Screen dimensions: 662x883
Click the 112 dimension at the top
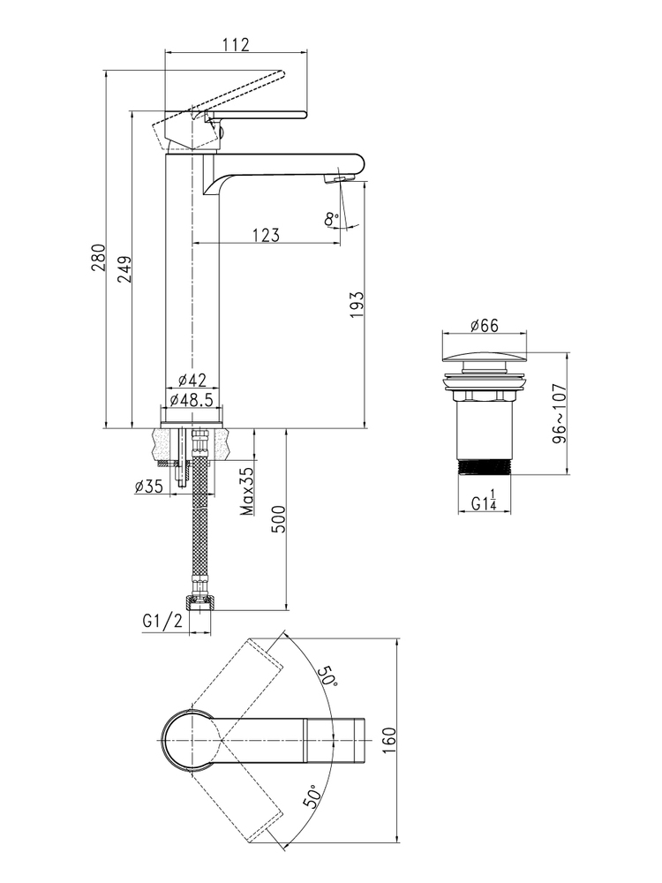(x=237, y=44)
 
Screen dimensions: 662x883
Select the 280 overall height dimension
(x=99, y=257)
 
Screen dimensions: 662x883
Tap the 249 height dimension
(x=125, y=269)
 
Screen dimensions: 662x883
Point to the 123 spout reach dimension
(x=267, y=234)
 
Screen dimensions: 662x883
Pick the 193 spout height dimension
(x=357, y=305)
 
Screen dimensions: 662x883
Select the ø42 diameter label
(x=189, y=381)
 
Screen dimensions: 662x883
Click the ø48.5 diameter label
(x=191, y=400)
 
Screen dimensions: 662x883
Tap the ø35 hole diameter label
(x=148, y=486)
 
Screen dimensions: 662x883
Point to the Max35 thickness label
(x=246, y=492)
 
